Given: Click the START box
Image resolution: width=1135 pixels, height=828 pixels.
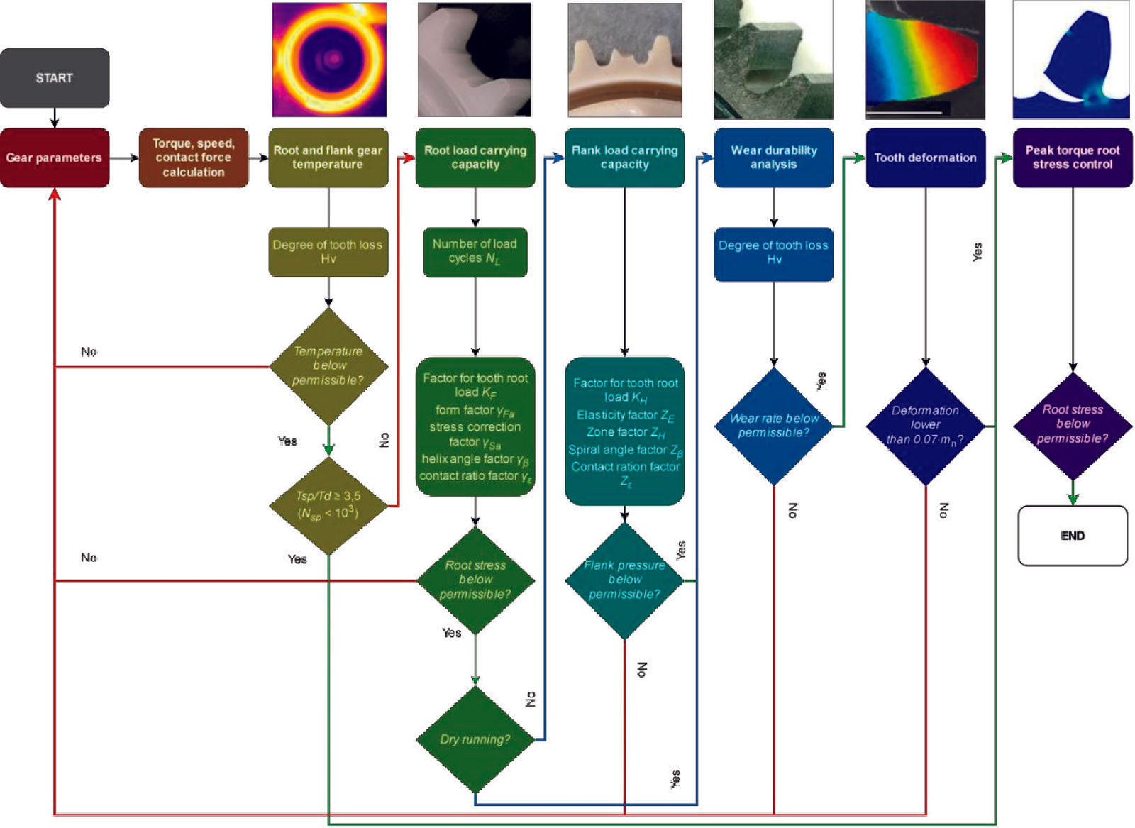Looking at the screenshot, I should (x=55, y=78).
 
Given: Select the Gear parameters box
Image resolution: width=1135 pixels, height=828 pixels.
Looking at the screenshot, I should (x=55, y=158).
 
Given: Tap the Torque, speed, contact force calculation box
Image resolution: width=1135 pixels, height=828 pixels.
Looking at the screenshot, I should (x=194, y=158).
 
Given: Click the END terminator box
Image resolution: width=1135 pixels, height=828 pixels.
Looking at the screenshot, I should (x=1073, y=536).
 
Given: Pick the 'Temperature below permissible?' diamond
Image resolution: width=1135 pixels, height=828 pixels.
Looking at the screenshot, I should (x=328, y=366).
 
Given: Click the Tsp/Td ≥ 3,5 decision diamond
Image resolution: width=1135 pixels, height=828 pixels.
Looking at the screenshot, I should (x=328, y=505).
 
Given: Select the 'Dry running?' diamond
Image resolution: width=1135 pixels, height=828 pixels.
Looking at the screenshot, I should (x=475, y=739).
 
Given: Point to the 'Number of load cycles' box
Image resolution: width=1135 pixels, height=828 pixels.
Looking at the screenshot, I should (x=475, y=251).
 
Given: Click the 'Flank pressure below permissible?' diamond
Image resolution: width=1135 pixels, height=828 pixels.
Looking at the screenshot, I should (x=624, y=580).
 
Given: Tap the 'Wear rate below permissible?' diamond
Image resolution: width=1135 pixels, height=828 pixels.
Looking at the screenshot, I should (x=774, y=426).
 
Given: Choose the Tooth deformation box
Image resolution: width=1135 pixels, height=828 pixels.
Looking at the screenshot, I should (x=925, y=158).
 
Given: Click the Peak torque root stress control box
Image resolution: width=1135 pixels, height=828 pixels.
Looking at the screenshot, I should (x=1073, y=158).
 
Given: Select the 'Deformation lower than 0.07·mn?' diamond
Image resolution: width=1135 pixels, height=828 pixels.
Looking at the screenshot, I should (x=925, y=426).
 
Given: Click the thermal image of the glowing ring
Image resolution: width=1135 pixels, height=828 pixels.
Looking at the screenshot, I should (x=329, y=60).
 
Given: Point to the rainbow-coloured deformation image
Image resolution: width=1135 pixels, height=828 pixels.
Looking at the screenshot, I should (x=925, y=60).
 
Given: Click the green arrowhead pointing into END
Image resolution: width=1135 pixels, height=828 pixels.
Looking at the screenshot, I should (x=1073, y=498).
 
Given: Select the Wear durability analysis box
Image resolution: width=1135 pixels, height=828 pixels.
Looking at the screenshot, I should (x=774, y=158).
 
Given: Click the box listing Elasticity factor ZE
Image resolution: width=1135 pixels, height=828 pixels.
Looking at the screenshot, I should (x=624, y=431).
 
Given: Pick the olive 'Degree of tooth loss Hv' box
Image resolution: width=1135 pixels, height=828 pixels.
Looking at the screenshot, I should (x=328, y=252).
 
